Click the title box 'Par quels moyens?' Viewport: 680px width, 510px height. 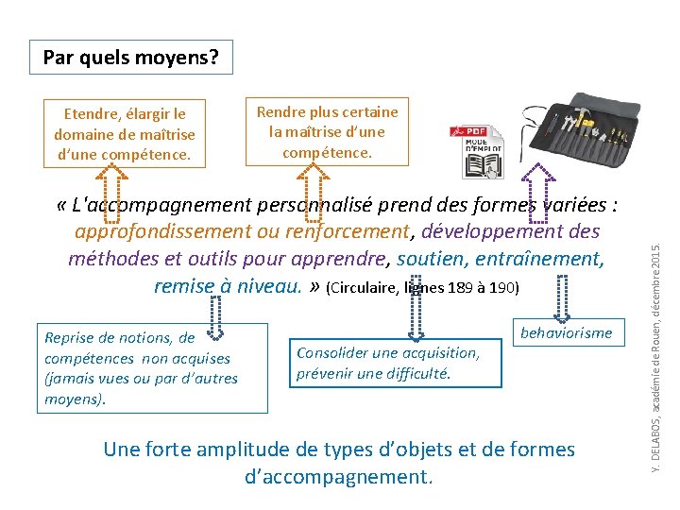(x=130, y=59)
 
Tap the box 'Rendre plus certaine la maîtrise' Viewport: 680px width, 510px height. (x=328, y=130)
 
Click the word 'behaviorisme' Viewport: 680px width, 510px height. (x=567, y=332)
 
